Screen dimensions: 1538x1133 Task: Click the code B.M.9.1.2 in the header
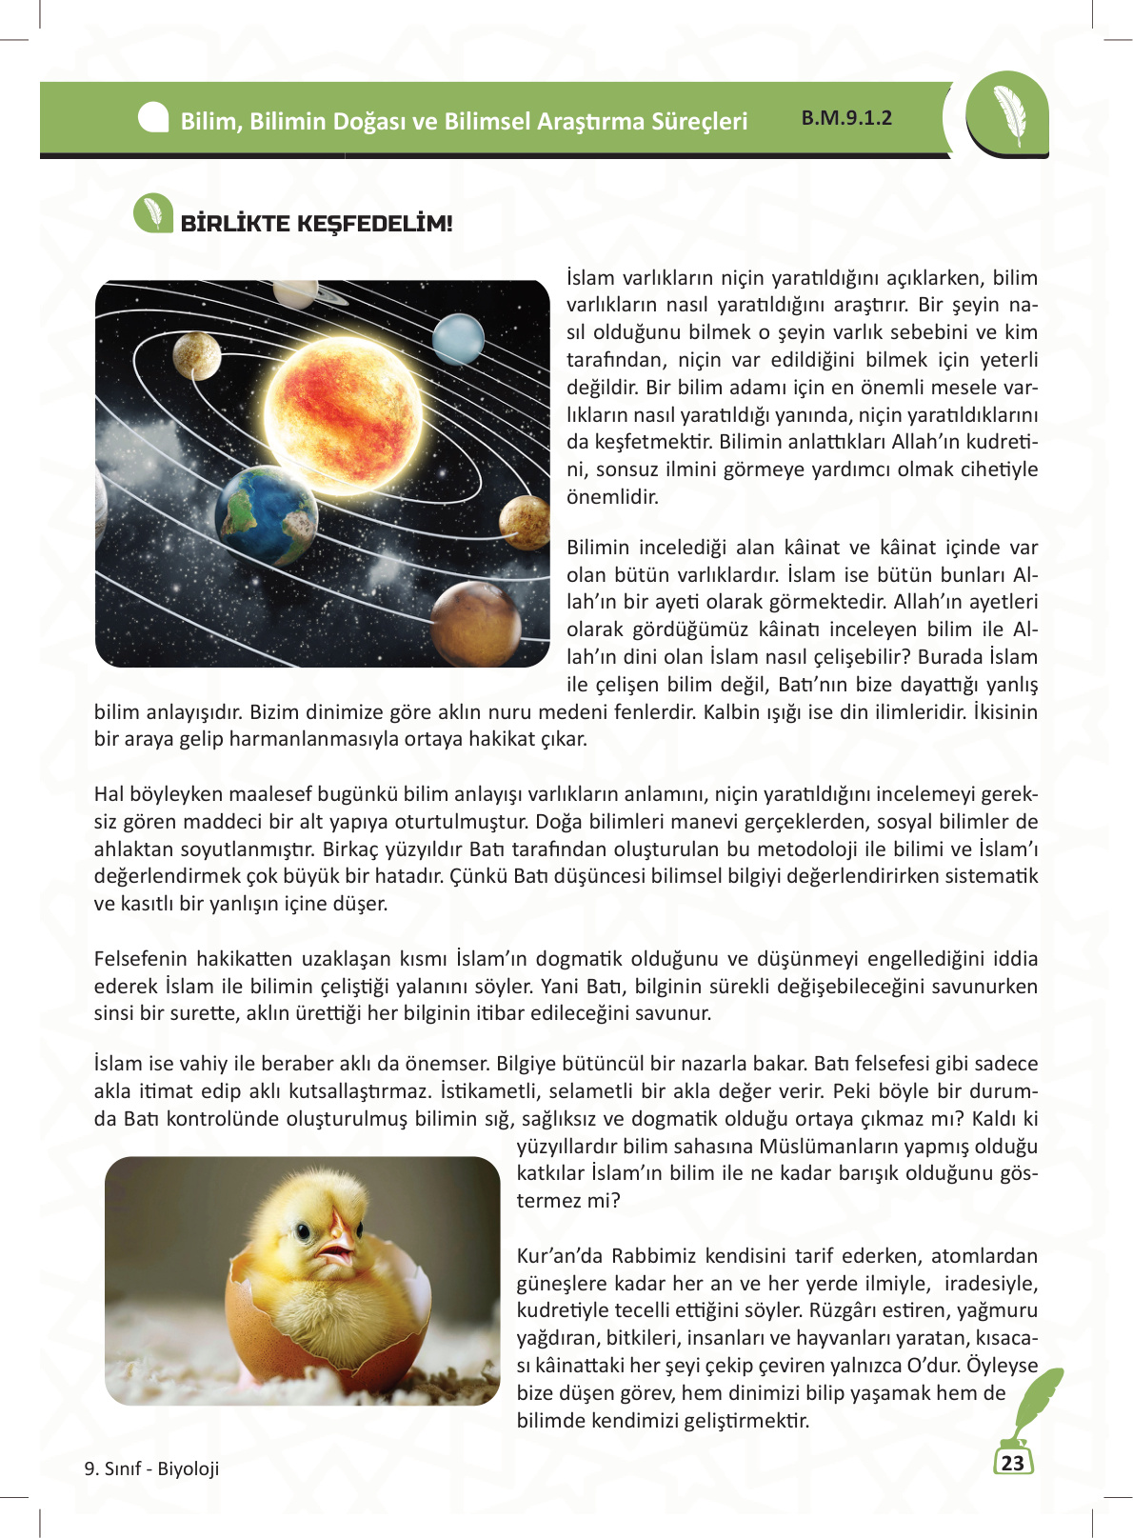coord(846,118)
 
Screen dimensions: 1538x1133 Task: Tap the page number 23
coord(1012,1463)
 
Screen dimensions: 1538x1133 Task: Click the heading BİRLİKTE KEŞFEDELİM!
coord(316,224)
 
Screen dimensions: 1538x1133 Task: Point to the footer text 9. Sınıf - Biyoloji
coord(151,1468)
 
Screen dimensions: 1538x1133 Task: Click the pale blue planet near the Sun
coord(458,338)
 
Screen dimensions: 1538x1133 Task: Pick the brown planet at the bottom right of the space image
coord(475,624)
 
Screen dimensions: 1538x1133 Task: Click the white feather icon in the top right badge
coord(1008,115)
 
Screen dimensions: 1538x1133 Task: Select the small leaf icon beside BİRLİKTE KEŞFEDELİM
coord(152,213)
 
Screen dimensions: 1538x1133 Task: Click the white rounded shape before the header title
coord(153,118)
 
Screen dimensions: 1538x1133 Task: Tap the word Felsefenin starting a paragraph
coord(139,958)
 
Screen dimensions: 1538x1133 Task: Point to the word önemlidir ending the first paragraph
coord(612,497)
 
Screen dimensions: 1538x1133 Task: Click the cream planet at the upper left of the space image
coord(197,354)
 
